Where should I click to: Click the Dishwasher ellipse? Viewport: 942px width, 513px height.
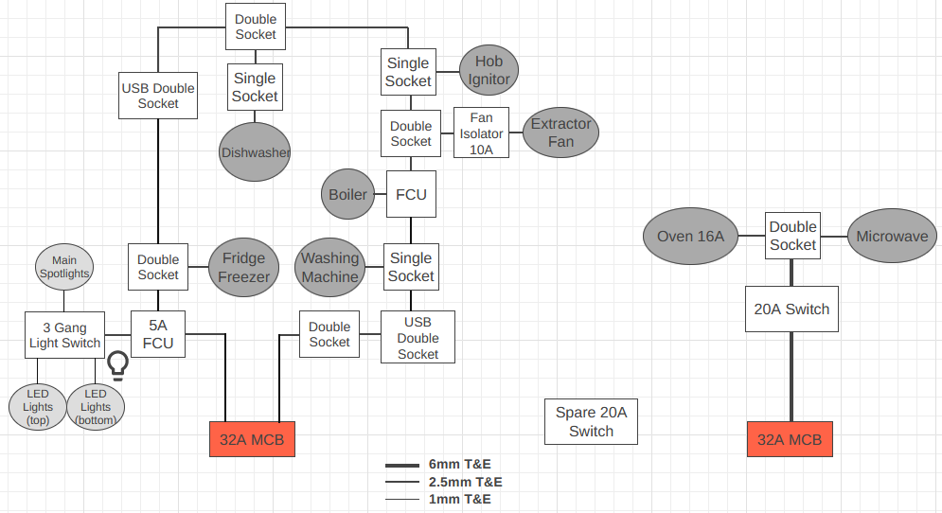click(x=255, y=151)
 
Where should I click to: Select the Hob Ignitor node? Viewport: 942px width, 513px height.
click(x=489, y=72)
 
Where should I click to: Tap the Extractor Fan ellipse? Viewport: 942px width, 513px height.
click(x=560, y=133)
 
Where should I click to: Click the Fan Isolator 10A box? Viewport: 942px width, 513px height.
click(x=482, y=133)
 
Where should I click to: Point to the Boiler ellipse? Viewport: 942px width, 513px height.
click(x=347, y=195)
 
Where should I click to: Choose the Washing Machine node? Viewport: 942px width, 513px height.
click(x=330, y=267)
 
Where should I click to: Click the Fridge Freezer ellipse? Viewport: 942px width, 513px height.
click(x=245, y=267)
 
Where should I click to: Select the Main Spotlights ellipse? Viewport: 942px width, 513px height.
click(x=64, y=267)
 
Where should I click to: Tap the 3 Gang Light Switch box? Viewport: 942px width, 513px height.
click(x=64, y=334)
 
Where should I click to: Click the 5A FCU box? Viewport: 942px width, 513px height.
click(x=158, y=334)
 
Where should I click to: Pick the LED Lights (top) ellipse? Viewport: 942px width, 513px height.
click(x=38, y=406)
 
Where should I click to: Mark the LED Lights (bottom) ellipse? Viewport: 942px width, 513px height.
click(x=96, y=406)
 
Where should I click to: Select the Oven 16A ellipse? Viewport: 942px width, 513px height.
click(x=690, y=237)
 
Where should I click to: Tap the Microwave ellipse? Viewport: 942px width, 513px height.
click(x=892, y=237)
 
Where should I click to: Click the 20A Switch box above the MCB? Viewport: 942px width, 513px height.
click(x=791, y=309)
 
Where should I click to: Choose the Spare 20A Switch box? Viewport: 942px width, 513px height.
click(x=591, y=421)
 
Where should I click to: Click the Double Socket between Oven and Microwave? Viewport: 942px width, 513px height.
click(x=792, y=237)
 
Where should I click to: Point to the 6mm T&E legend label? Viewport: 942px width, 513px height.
click(x=459, y=465)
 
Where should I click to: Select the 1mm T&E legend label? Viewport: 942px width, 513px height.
click(x=459, y=499)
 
